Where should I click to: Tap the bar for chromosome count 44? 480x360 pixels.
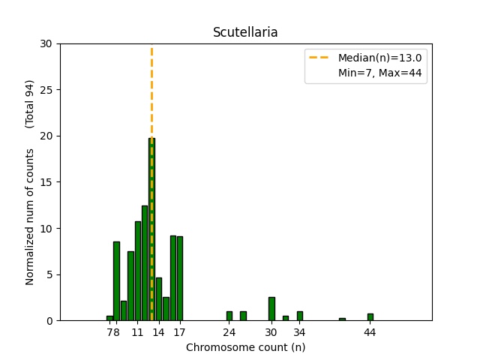pyautogui.click(x=370, y=317)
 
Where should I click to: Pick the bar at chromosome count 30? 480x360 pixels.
pyautogui.click(x=271, y=309)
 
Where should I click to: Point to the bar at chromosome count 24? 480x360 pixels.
pyautogui.click(x=229, y=316)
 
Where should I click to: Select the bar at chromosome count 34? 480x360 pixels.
pyautogui.click(x=300, y=316)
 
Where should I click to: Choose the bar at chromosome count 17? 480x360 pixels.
pyautogui.click(x=180, y=278)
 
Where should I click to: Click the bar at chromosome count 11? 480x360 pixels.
pyautogui.click(x=138, y=271)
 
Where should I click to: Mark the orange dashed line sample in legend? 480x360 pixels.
pyautogui.click(x=319, y=58)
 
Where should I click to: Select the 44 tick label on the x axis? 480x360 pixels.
pyautogui.click(x=370, y=332)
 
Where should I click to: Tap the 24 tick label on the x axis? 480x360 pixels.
pyautogui.click(x=229, y=332)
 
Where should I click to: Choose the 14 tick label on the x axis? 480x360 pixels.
pyautogui.click(x=159, y=332)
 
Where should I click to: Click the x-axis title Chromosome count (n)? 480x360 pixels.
pyautogui.click(x=245, y=347)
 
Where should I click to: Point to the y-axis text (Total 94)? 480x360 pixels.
pyautogui.click(x=30, y=103)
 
